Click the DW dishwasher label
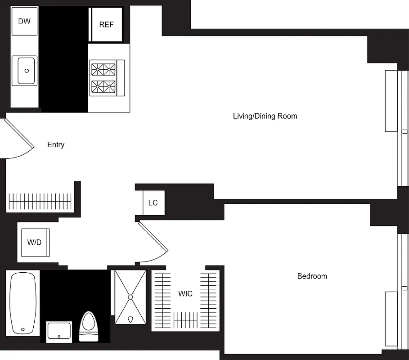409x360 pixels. pos(24,21)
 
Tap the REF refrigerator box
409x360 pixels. pos(106,25)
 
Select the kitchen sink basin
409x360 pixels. pos(27,71)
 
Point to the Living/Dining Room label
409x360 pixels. pos(265,116)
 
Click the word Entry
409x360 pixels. pos(56,145)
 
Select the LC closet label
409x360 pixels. pos(153,203)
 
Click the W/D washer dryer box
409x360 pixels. pos(35,243)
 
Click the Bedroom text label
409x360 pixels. pos(312,276)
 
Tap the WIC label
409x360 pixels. pos(185,294)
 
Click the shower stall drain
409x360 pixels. pos(130,297)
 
